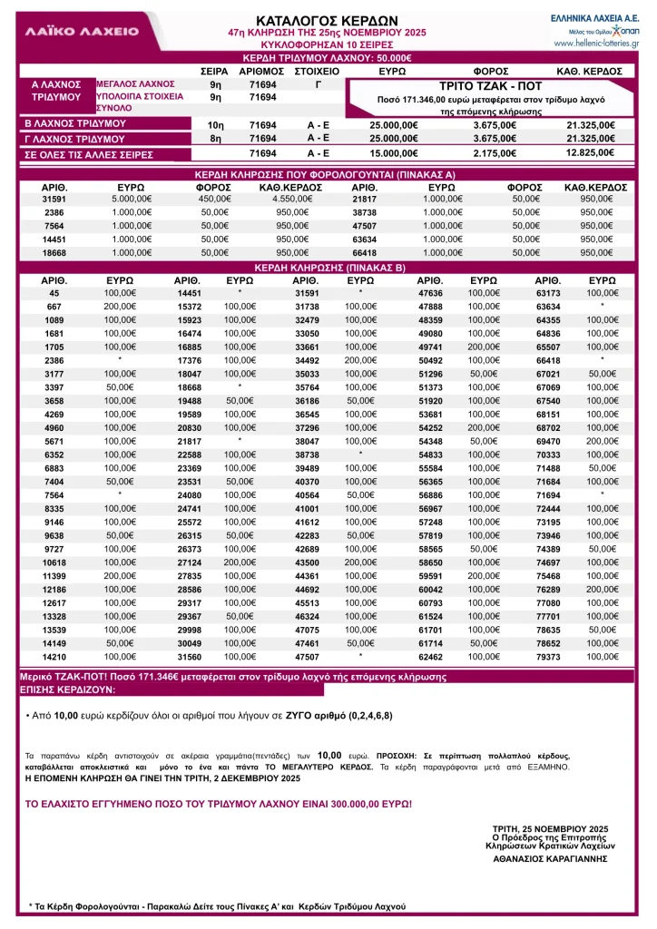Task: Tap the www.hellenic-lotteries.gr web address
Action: [596, 43]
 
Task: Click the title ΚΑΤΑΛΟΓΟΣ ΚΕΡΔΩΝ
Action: [314, 20]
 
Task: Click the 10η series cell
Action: [216, 125]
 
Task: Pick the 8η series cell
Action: [216, 139]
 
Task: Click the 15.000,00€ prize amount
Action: [394, 153]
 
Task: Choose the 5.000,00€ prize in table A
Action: [130, 199]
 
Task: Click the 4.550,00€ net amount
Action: [279, 199]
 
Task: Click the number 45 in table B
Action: [54, 293]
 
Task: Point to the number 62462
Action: [431, 656]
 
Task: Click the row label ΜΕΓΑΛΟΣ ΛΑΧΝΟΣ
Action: [130, 83]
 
